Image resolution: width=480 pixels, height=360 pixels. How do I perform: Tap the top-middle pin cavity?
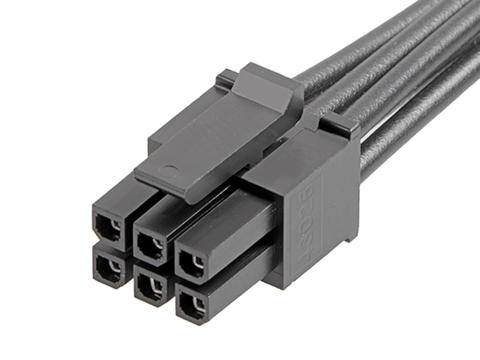[151, 243]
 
